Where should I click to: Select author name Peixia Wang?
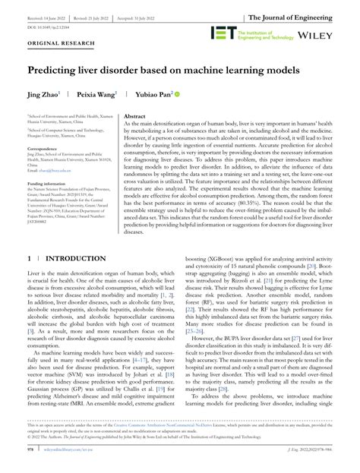(94, 95)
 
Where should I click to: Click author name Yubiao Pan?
(152, 95)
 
